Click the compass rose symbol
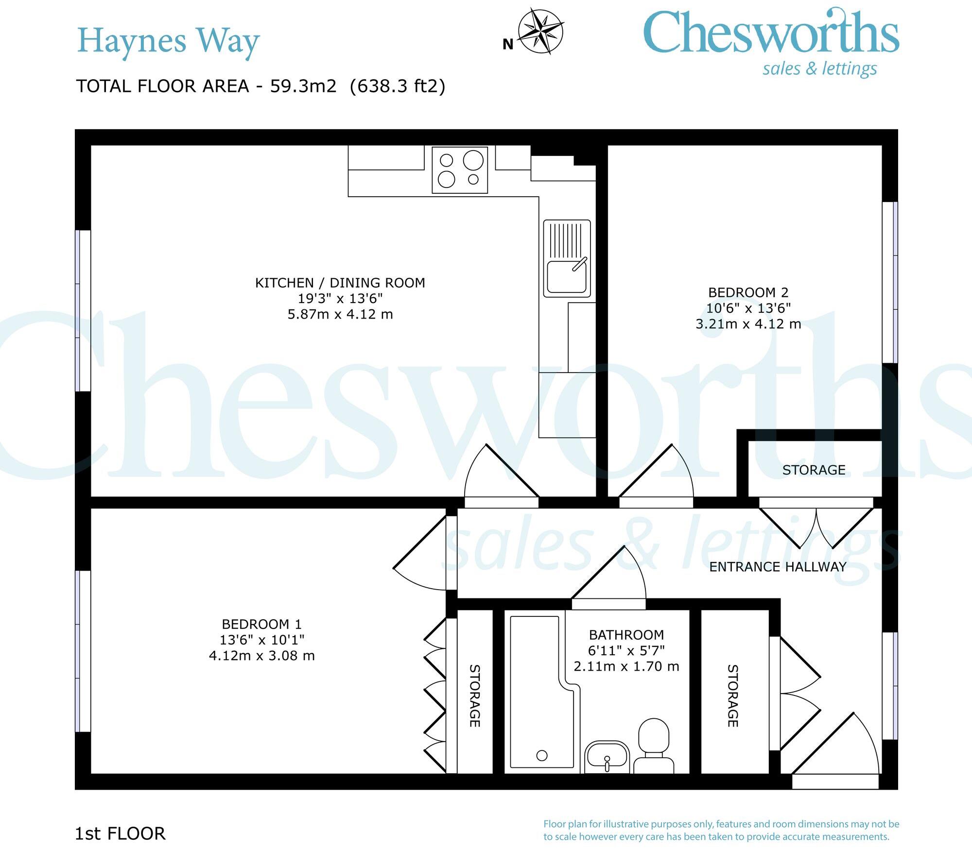pyautogui.click(x=540, y=32)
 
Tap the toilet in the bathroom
pyautogui.click(x=654, y=746)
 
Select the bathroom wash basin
pyautogui.click(x=607, y=757)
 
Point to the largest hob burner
pyautogui.click(x=473, y=160)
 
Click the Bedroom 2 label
pyautogui.click(x=748, y=292)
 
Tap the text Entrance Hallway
pyautogui.click(x=778, y=567)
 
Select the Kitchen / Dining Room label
pyautogui.click(x=340, y=283)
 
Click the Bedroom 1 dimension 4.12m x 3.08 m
pyautogui.click(x=261, y=656)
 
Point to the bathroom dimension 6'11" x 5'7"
pyautogui.click(x=626, y=650)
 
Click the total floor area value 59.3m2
pyautogui.click(x=303, y=86)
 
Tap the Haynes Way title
pyautogui.click(x=168, y=41)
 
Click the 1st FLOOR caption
pyautogui.click(x=120, y=833)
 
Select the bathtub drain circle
pyautogui.click(x=542, y=755)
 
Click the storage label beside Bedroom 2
pyautogui.click(x=814, y=470)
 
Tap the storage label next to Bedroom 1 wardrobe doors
pyautogui.click(x=475, y=695)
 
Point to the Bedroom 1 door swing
pyautogui.click(x=418, y=559)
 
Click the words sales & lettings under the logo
pyautogui.click(x=819, y=68)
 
